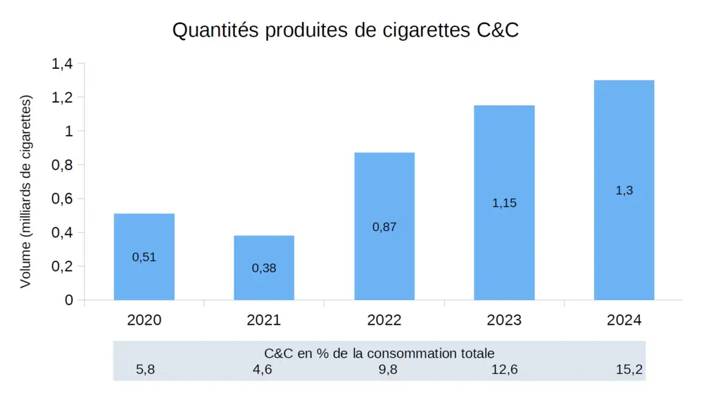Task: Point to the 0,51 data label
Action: (144, 257)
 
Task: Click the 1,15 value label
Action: (504, 203)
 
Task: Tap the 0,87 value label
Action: (384, 227)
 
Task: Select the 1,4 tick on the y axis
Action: (62, 64)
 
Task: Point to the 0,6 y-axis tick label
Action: (62, 199)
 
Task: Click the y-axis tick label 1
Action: (69, 132)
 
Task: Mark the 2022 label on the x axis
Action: (384, 320)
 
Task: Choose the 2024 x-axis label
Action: (624, 320)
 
